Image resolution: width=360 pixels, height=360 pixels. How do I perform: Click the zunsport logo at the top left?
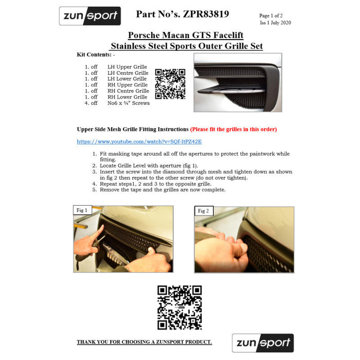coord(90,16)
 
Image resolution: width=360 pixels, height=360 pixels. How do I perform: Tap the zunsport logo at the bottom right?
coord(263,343)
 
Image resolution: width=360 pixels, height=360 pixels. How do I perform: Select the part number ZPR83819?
coord(206,14)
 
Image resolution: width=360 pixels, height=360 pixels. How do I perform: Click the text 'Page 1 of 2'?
coord(271,15)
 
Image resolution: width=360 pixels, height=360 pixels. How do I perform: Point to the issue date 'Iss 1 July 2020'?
coord(275,23)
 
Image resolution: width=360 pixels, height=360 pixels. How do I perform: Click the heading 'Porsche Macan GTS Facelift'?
coord(186,35)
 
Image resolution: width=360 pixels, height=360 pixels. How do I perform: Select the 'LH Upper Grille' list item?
coord(127,67)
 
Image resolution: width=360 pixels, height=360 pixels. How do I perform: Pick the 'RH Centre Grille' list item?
coord(128,91)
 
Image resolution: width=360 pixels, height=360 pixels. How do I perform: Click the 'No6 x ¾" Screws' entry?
coord(129,103)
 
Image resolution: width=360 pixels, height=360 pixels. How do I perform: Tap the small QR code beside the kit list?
coord(170,84)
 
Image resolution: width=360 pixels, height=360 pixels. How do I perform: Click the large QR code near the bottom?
coord(179,308)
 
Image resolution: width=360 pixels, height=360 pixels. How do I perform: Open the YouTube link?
coord(139,141)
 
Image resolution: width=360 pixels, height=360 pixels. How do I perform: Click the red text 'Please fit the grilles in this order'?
coord(233,129)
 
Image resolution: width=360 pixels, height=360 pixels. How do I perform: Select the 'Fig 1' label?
coord(82,210)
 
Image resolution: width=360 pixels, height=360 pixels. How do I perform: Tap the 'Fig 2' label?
coord(204,211)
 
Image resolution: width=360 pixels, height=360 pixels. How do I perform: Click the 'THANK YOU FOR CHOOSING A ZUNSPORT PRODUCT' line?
coord(144,342)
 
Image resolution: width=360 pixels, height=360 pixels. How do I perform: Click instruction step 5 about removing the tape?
coord(159,190)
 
